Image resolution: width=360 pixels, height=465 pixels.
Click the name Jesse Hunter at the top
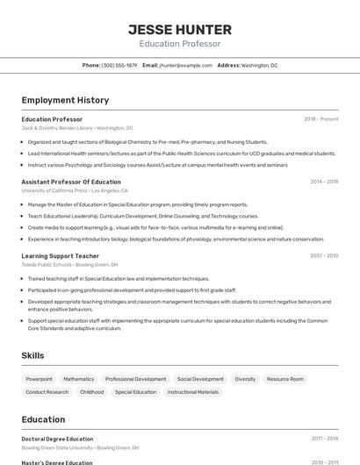pyautogui.click(x=179, y=29)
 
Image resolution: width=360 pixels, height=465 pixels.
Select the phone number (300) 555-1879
pyautogui.click(x=119, y=65)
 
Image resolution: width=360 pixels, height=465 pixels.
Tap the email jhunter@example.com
pyautogui.click(x=185, y=65)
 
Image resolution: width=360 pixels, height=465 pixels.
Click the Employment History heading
pyautogui.click(x=65, y=100)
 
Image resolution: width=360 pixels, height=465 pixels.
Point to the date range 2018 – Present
pyautogui.click(x=320, y=118)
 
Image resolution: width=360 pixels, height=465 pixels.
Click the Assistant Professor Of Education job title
pyautogui.click(x=71, y=182)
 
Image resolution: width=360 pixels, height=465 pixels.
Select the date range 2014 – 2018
pyautogui.click(x=324, y=182)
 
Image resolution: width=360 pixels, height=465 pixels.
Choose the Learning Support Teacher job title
pyautogui.click(x=61, y=256)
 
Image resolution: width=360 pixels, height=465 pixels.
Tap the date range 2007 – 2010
pyautogui.click(x=323, y=256)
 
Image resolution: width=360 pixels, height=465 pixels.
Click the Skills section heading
pyautogui.click(x=33, y=355)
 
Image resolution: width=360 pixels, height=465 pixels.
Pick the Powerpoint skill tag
pyautogui.click(x=39, y=379)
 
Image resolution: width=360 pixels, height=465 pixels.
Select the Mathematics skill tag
pyautogui.click(x=79, y=379)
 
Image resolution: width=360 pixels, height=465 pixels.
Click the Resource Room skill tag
pyautogui.click(x=285, y=379)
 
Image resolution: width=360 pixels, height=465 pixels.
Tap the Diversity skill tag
pyautogui.click(x=245, y=379)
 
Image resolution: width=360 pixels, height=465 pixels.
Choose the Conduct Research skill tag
pyautogui.click(x=47, y=392)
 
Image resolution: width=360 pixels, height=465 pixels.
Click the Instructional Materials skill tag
pyautogui.click(x=193, y=392)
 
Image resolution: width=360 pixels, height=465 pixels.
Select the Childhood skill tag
pyautogui.click(x=91, y=392)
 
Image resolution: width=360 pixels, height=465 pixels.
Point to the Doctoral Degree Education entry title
pyautogui.click(x=57, y=439)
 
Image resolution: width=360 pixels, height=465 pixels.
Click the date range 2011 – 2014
pyautogui.click(x=324, y=439)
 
